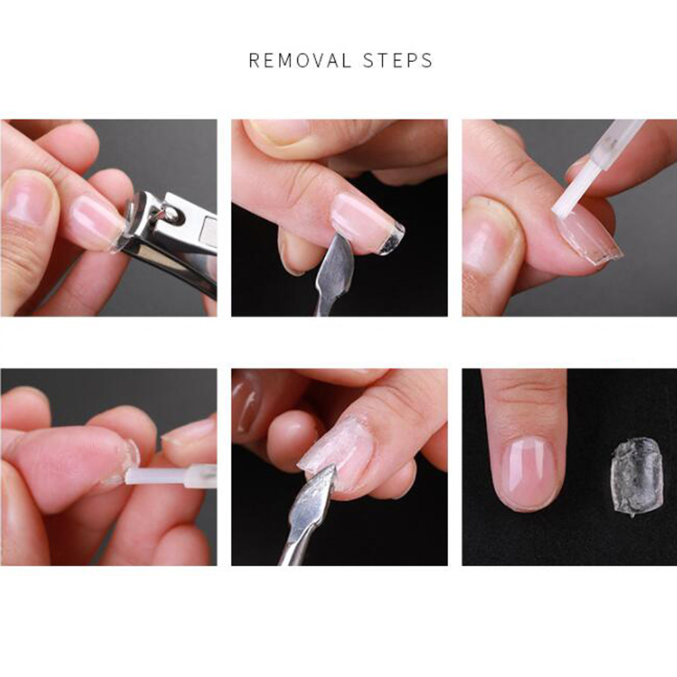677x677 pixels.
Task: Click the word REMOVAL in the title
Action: coord(300,60)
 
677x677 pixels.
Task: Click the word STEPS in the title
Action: coord(398,60)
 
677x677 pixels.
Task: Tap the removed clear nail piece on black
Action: coord(636,476)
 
